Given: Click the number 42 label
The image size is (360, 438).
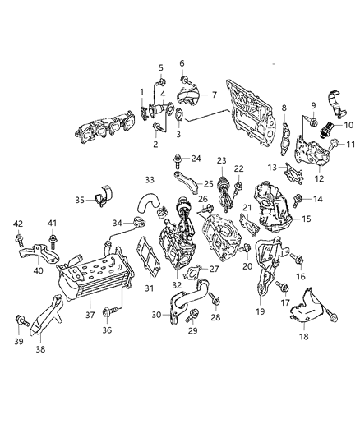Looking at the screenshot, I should click(x=17, y=223).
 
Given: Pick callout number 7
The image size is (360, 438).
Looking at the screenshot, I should click(x=215, y=95).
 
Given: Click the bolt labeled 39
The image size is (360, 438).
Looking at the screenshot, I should click(x=18, y=320).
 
